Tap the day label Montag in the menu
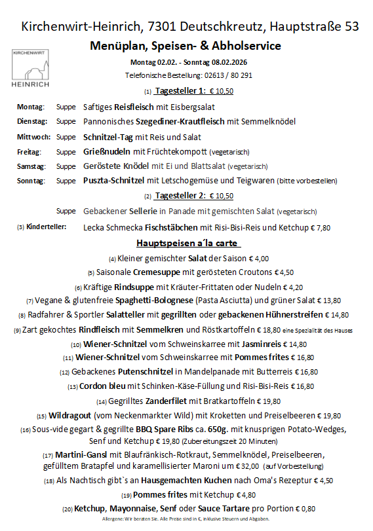point(30,107)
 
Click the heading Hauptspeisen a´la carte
point(186,244)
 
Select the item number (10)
point(76,344)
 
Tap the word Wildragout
point(73,416)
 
